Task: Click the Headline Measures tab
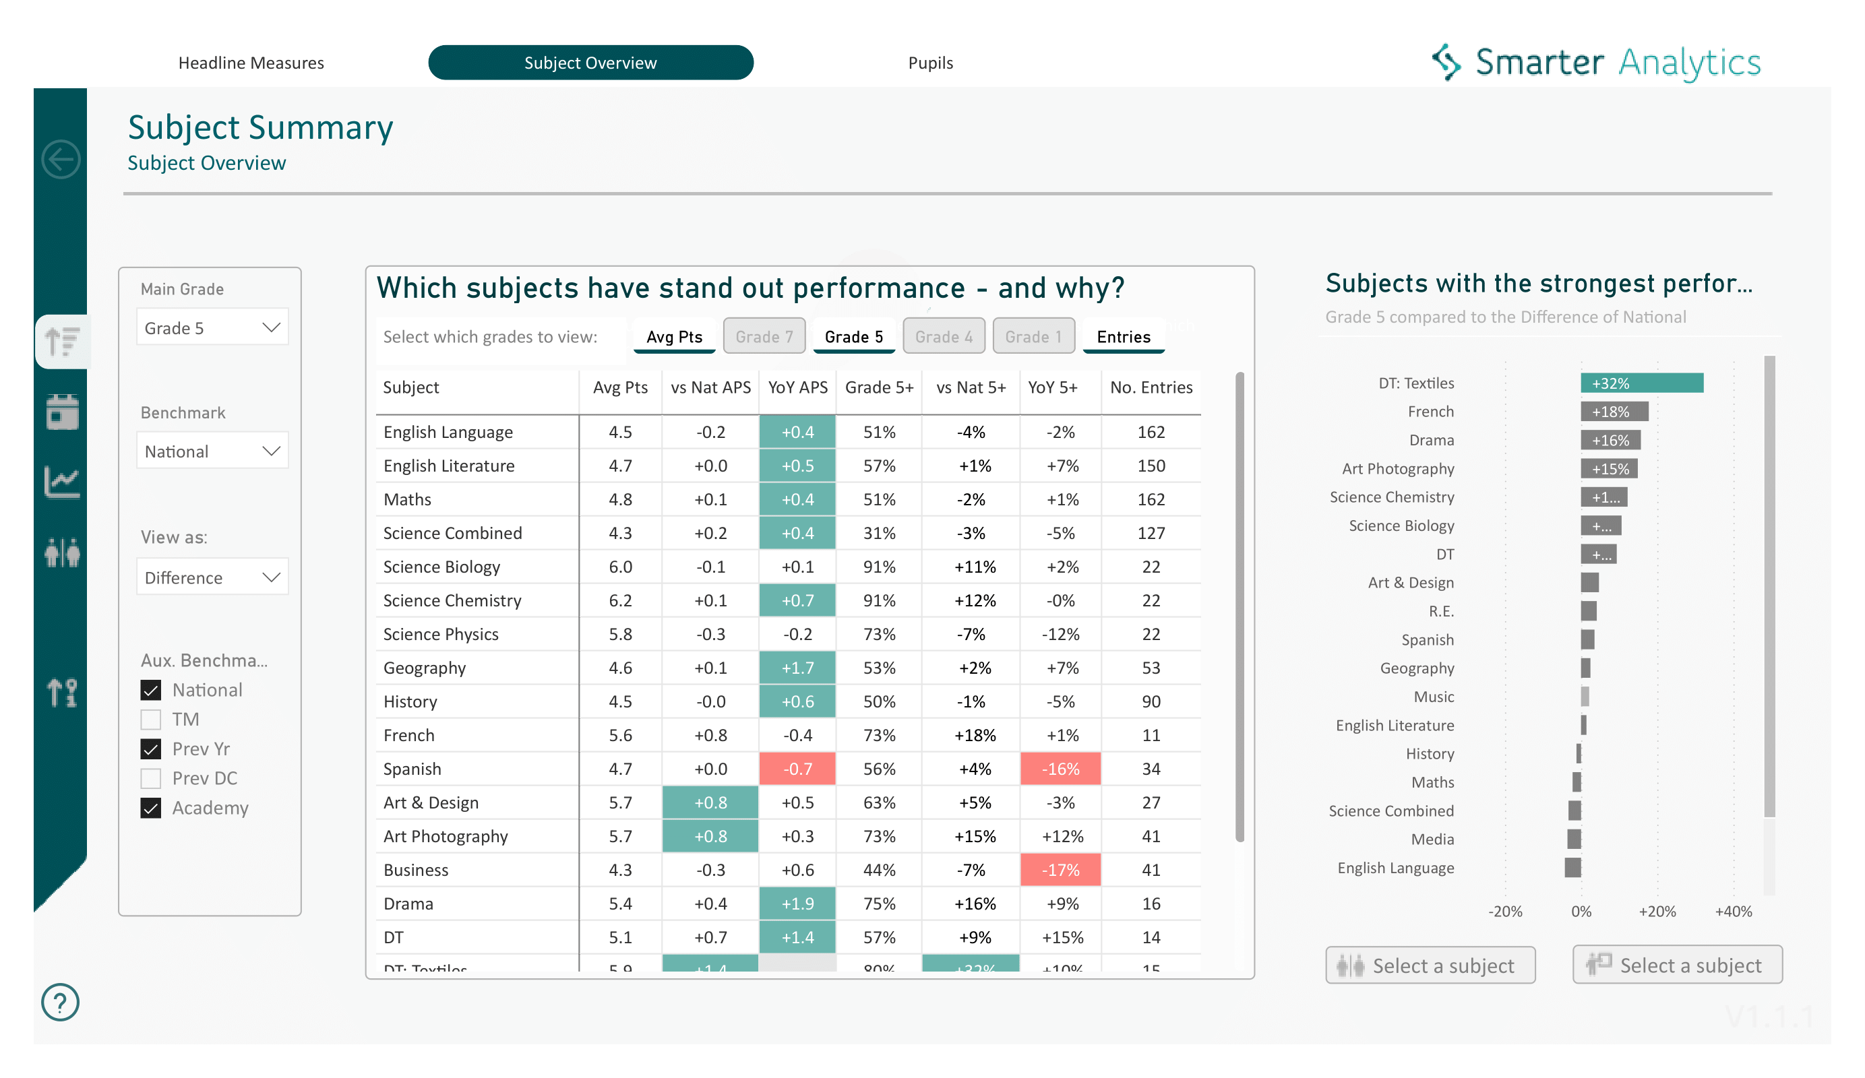[251, 63]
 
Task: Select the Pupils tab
[929, 63]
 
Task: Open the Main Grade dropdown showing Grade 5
[212, 327]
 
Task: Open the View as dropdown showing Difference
[212, 577]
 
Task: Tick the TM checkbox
[151, 719]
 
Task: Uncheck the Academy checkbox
[151, 808]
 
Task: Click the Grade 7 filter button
[764, 337]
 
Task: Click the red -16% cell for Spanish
[1060, 769]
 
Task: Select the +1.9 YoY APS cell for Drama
[797, 903]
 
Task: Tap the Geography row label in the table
[425, 668]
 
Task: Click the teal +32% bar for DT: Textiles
[1641, 383]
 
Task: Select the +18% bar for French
[1614, 412]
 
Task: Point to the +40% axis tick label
[1732, 912]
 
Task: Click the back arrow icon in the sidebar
[61, 159]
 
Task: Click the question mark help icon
[61, 1003]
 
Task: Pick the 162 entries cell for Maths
[1150, 499]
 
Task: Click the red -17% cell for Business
[1060, 870]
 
